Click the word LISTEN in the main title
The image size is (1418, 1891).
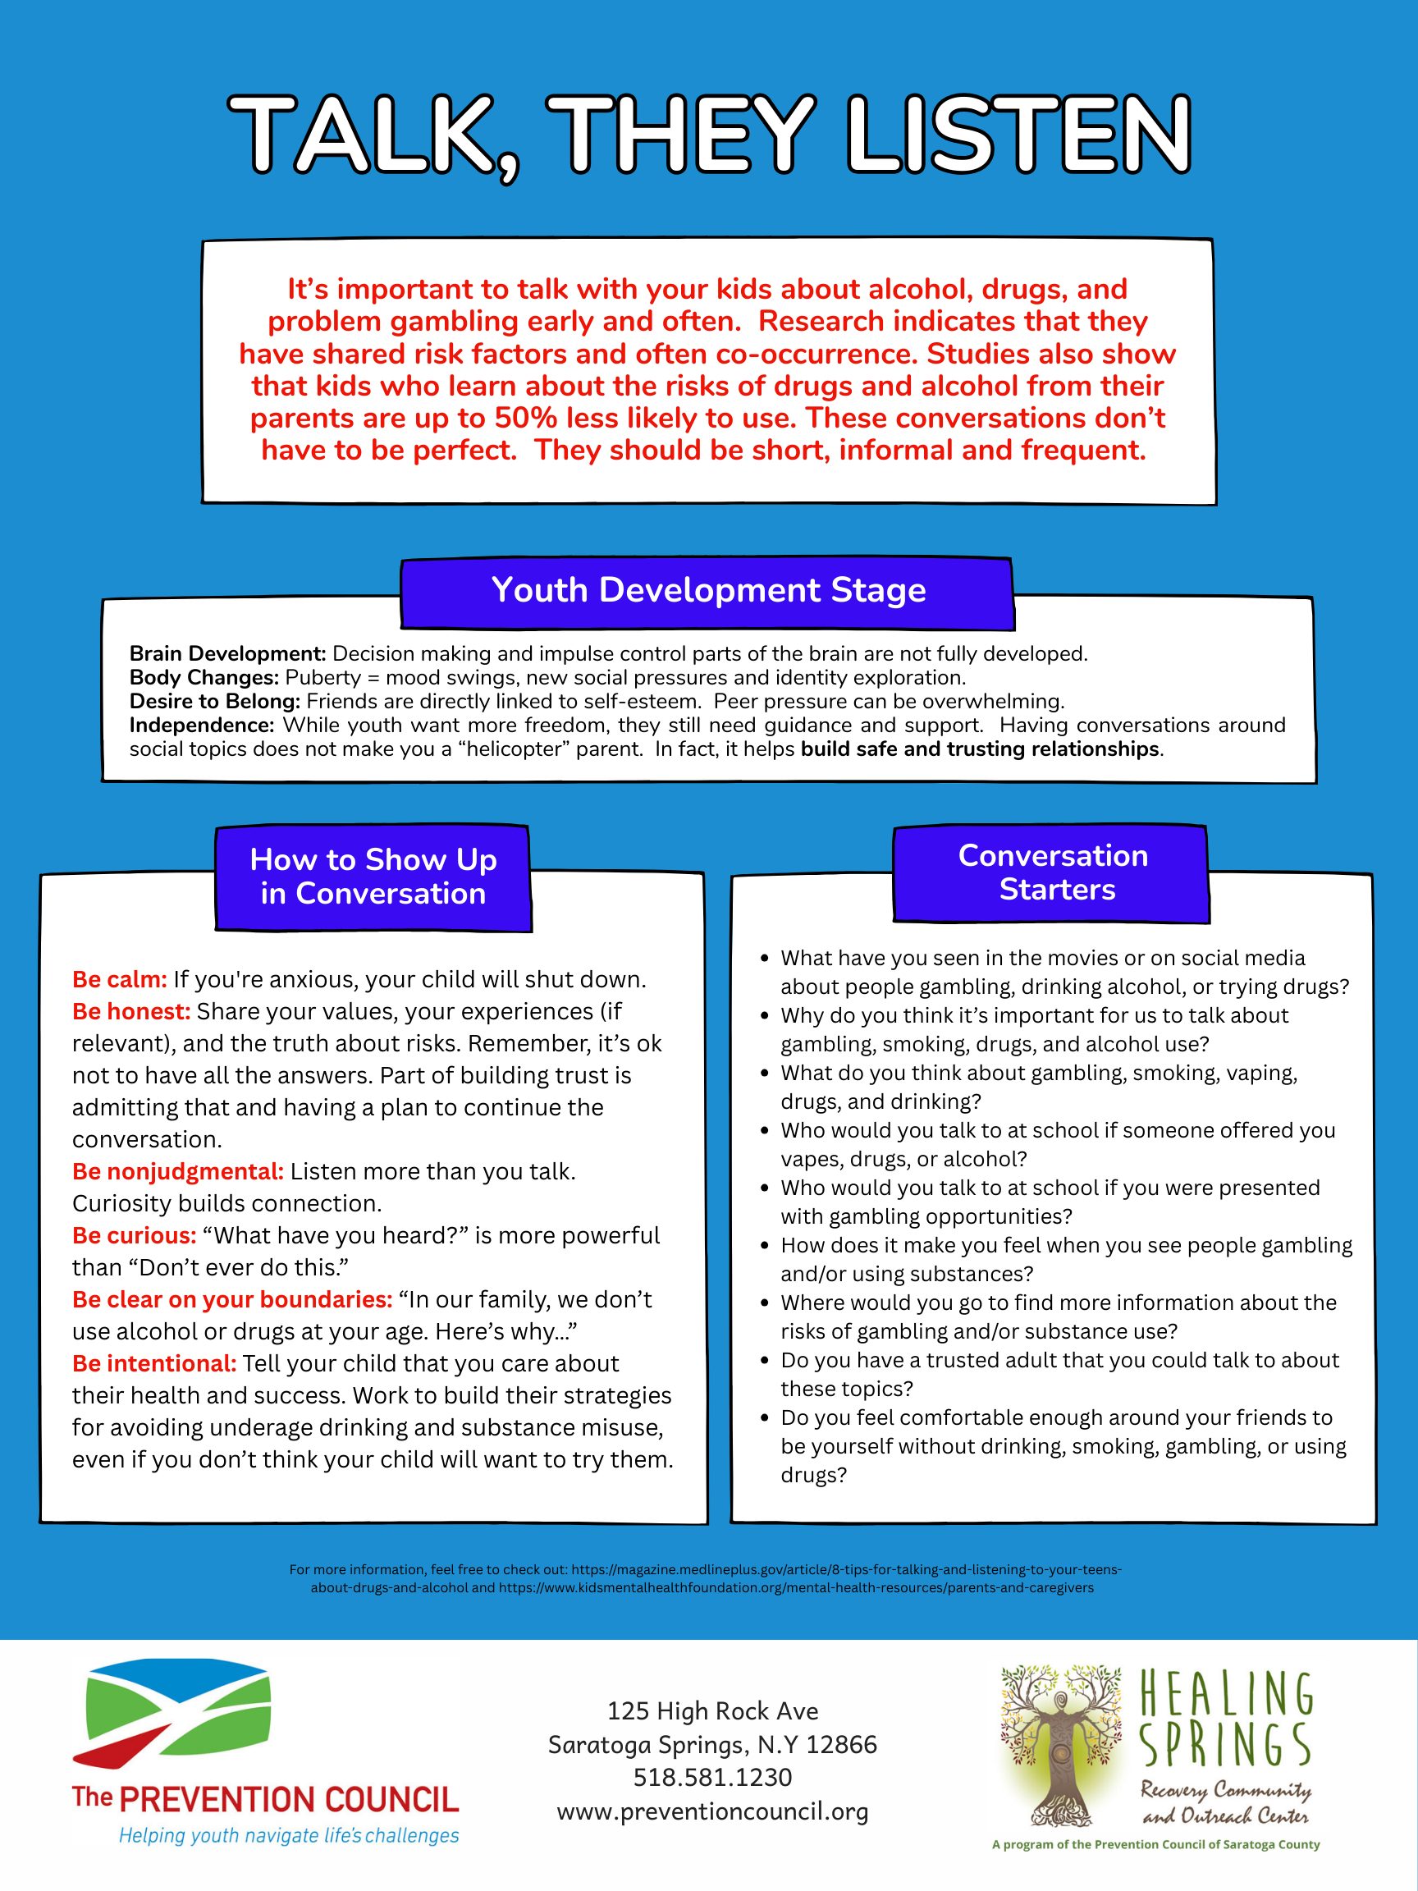pos(1019,135)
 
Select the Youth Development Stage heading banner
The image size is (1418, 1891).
pos(707,591)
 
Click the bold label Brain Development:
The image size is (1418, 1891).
pos(227,654)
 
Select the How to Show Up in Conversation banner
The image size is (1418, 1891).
pos(373,877)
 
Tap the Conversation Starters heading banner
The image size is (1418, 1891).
pos(1052,872)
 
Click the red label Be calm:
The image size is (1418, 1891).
pos(120,980)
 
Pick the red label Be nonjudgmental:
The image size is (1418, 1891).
pos(178,1172)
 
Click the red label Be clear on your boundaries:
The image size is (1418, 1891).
pos(232,1300)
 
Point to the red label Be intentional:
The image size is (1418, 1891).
pos(153,1364)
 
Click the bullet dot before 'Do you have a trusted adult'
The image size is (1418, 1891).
pos(765,1361)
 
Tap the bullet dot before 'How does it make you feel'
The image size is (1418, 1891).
pos(765,1246)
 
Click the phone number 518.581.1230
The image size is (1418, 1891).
pos(712,1779)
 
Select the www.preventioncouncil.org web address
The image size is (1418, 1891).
pos(712,1812)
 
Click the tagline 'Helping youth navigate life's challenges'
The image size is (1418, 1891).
pos(289,1836)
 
